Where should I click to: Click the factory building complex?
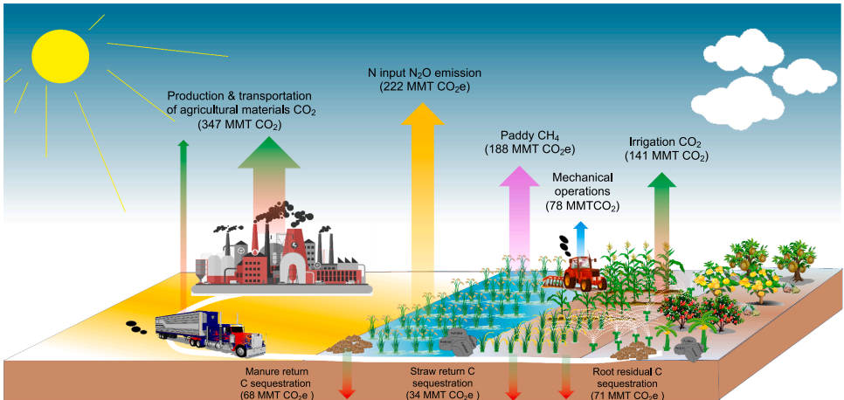click(278, 253)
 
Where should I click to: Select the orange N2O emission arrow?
click(426, 183)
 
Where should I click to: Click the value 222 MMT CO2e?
click(425, 87)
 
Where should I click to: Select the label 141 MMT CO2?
click(666, 155)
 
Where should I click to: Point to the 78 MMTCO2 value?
click(582, 206)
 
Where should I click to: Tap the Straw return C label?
click(442, 371)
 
